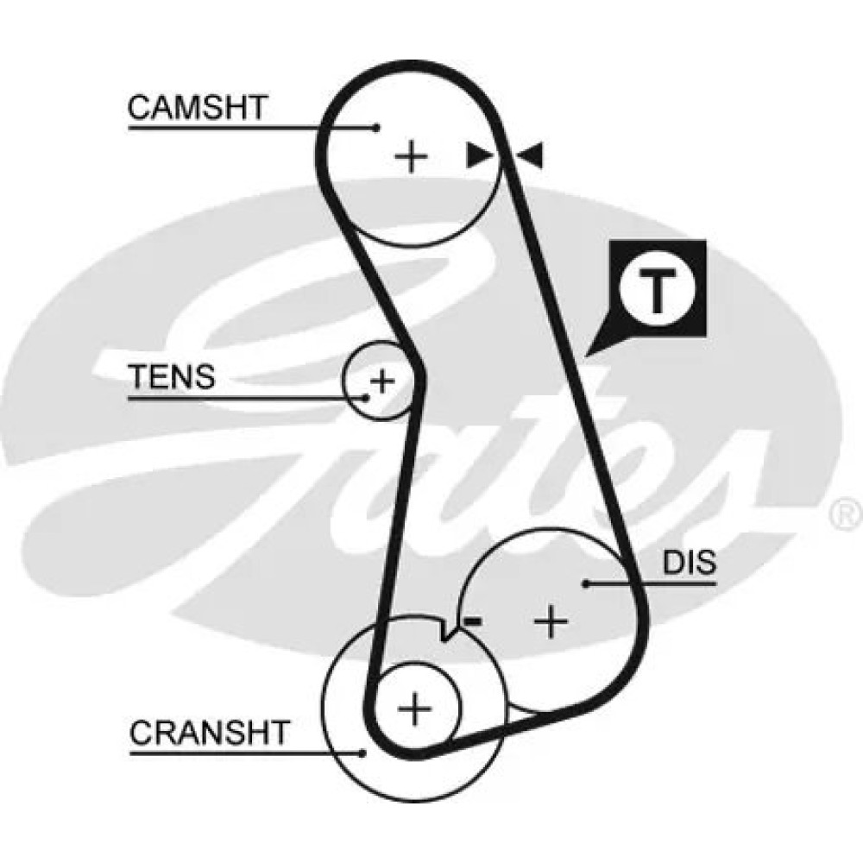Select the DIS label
[x=690, y=563]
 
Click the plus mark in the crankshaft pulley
[x=416, y=709]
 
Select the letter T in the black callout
[x=658, y=291]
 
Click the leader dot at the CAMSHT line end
[x=376, y=128]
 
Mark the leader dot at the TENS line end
[x=366, y=398]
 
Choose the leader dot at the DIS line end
[x=585, y=584]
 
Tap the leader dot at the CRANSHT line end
[x=363, y=753]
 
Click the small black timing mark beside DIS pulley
[x=471, y=620]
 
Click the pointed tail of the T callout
[x=589, y=353]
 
